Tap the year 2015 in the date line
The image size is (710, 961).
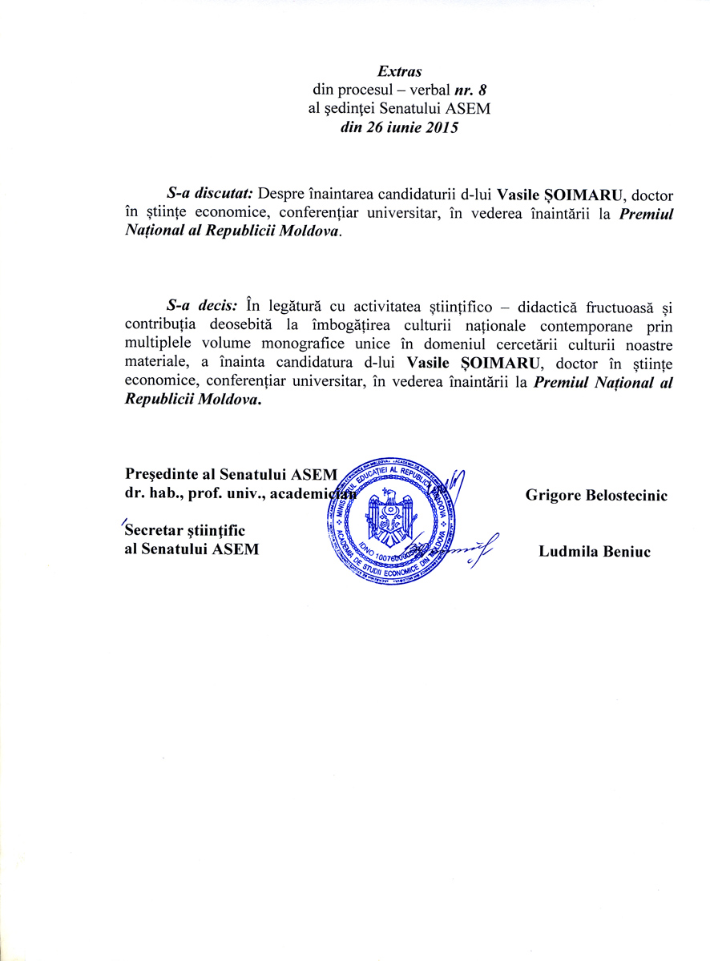(442, 127)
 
